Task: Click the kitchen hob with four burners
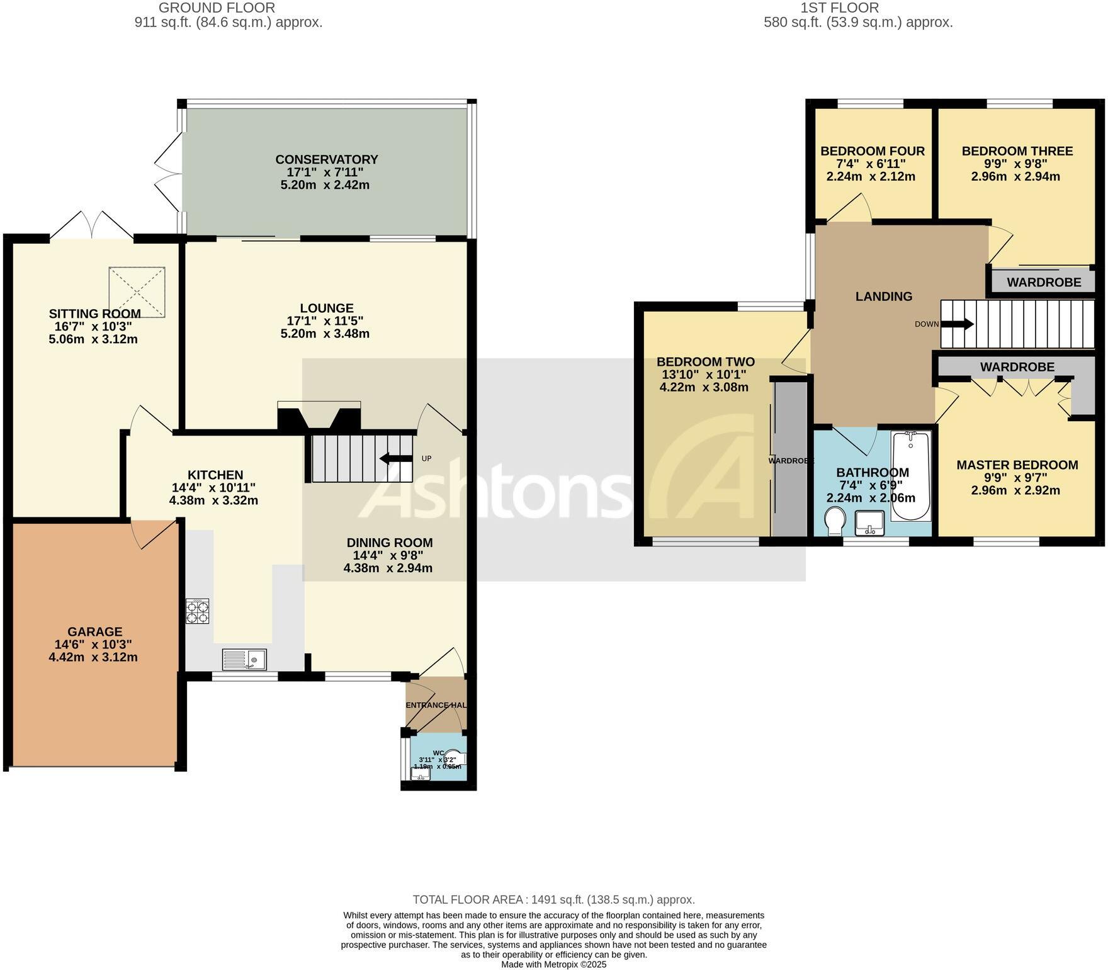[197, 611]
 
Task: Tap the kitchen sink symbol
[244, 659]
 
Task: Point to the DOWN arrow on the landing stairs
[957, 324]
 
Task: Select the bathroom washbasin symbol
[870, 522]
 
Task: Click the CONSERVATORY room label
[326, 159]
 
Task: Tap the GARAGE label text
[95, 631]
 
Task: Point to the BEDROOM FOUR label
[872, 151]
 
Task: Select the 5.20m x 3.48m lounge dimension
[325, 334]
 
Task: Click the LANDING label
[883, 296]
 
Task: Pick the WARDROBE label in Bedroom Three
[1044, 282]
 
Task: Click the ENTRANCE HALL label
[436, 705]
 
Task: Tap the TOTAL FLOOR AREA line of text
[553, 900]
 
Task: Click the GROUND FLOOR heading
[217, 8]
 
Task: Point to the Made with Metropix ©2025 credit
[553, 964]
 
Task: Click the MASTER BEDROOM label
[1017, 465]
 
